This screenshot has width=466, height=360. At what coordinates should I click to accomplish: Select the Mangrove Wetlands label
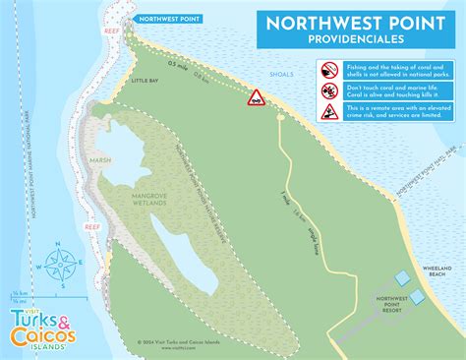[x=150, y=201]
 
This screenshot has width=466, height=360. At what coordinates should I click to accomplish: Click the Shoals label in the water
[x=280, y=75]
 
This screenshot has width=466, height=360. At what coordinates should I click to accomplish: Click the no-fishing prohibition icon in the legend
[x=329, y=71]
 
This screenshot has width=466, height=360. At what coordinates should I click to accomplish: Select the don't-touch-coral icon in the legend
[x=329, y=91]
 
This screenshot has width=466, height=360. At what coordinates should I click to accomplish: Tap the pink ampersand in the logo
[x=63, y=319]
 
